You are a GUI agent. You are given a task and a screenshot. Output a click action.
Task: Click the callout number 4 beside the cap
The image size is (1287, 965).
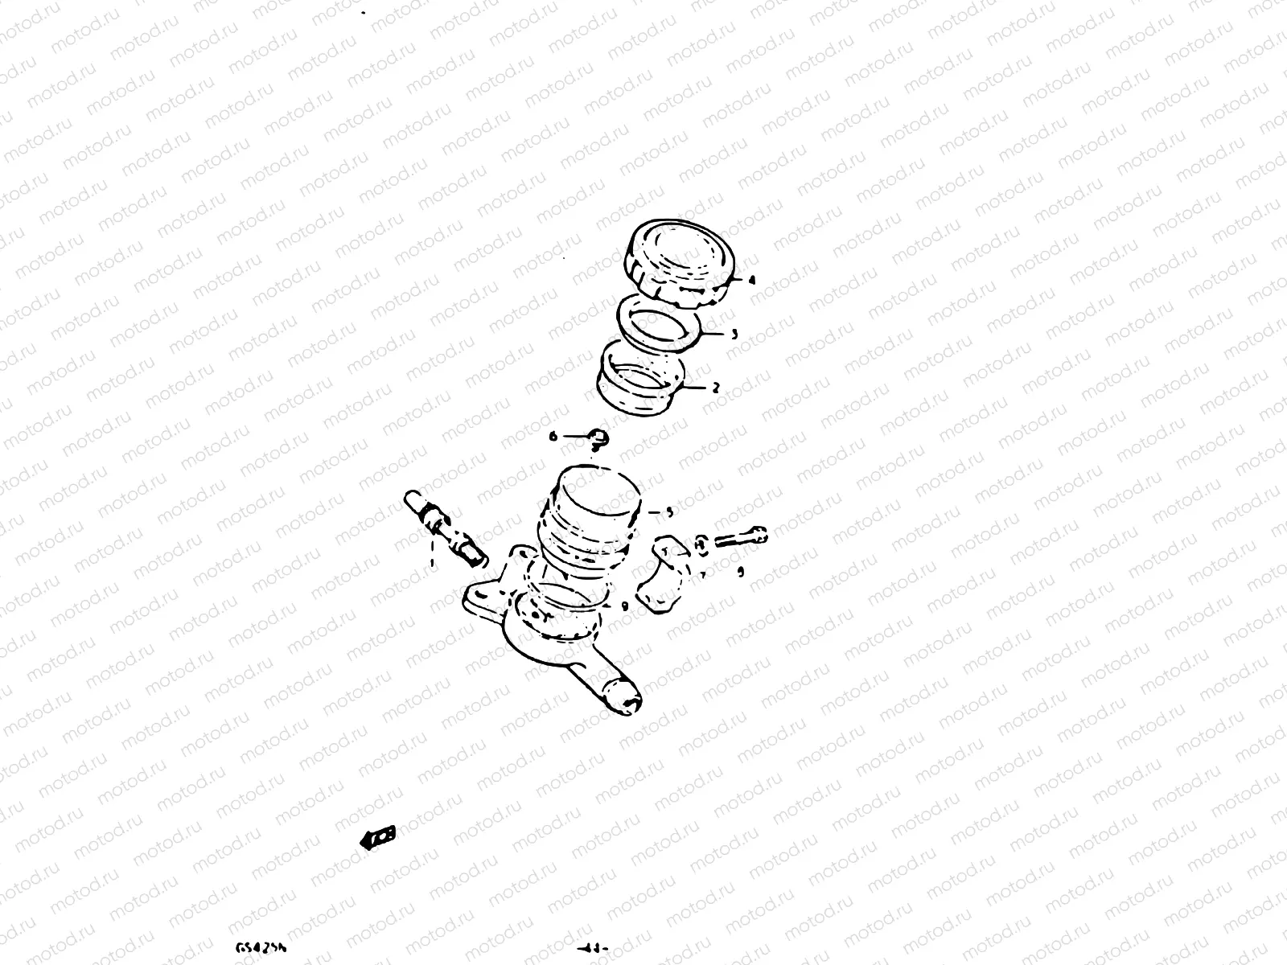pos(750,281)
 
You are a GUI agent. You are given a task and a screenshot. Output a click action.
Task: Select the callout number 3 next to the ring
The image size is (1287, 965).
pos(734,334)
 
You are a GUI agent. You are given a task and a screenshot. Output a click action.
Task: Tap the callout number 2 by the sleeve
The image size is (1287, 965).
pos(715,388)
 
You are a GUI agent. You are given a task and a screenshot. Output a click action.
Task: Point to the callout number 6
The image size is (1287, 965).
pos(553,437)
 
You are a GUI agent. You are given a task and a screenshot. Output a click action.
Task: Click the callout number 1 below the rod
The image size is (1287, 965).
pos(433,563)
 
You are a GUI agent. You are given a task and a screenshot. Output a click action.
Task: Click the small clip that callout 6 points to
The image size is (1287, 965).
pos(598,437)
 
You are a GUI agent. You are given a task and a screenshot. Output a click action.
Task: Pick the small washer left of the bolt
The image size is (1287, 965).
pos(701,544)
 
